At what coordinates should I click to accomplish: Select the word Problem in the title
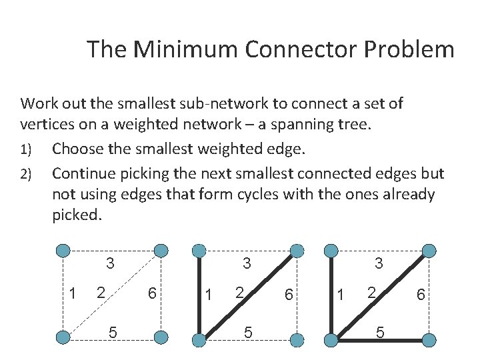pos(413,49)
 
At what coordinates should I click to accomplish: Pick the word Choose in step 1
pos(79,148)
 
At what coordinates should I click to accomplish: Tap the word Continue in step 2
pos(83,173)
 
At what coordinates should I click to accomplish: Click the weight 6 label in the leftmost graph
pos(152,293)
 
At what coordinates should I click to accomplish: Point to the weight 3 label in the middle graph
pos(247,264)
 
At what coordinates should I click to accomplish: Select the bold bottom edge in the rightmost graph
pos(381,340)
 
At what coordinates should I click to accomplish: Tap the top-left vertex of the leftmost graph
pos(63,251)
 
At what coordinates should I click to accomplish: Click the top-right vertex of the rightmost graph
pos(429,251)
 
